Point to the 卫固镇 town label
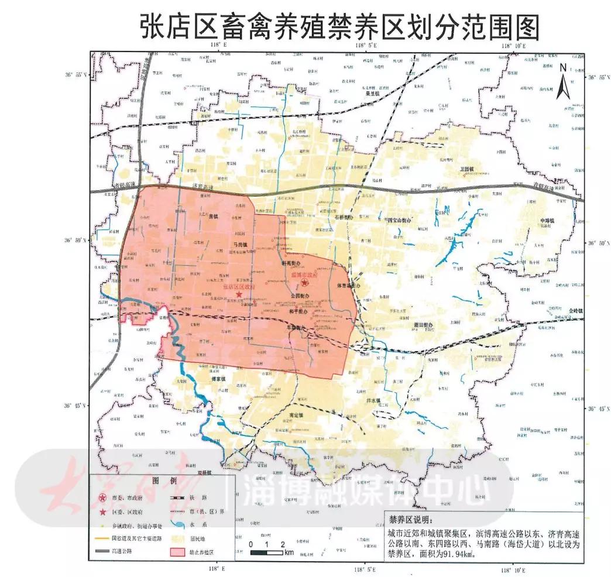468,169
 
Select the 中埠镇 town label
548,221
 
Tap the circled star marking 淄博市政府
305,283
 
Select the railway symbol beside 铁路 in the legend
176,499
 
